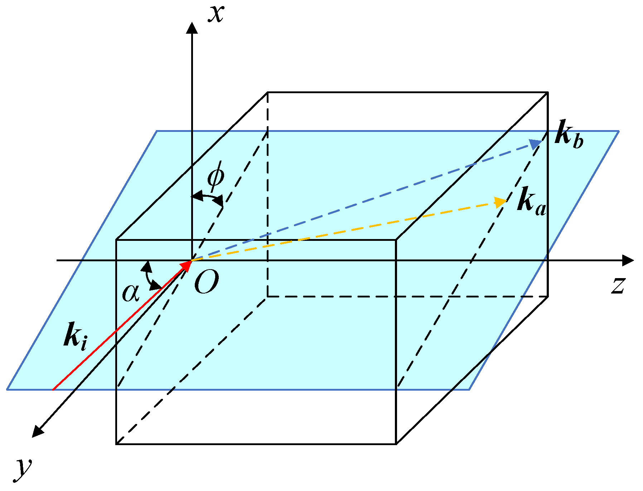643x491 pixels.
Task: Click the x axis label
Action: tap(217, 14)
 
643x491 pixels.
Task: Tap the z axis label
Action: tap(618, 286)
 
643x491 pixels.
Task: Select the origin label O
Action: tap(206, 282)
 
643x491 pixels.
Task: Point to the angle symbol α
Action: tap(130, 293)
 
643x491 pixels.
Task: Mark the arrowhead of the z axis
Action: tap(628, 261)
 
